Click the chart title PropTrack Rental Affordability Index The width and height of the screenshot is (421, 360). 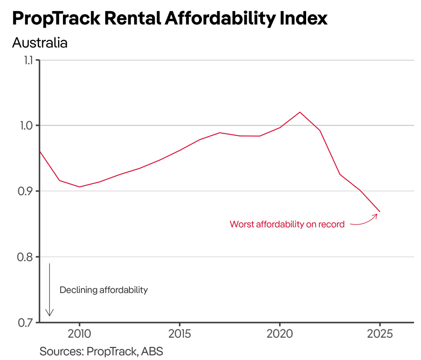click(170, 18)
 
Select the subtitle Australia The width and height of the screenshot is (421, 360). click(40, 43)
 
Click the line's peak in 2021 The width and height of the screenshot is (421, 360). click(300, 112)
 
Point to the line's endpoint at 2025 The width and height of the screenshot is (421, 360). click(380, 211)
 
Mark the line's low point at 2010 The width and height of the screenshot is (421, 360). click(79, 187)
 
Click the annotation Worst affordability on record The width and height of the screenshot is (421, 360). click(287, 224)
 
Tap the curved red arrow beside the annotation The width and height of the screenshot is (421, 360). click(364, 222)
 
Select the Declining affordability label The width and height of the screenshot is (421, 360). click(104, 290)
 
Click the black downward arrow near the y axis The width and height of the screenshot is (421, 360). click(50, 290)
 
